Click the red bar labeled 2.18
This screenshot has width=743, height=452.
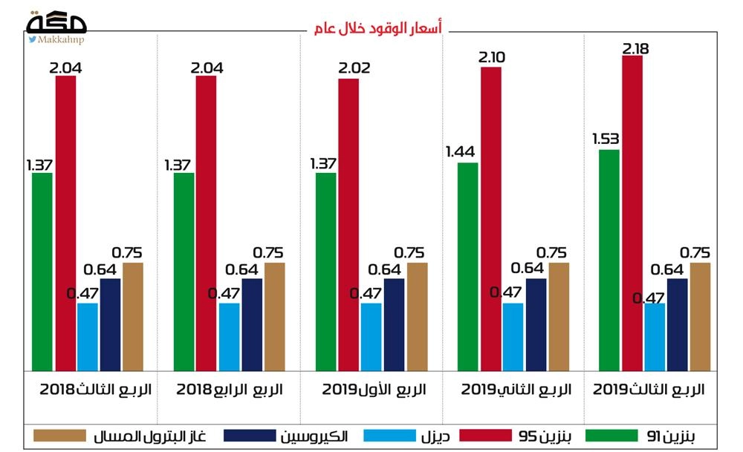point(632,212)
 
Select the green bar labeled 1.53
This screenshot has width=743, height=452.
point(609,259)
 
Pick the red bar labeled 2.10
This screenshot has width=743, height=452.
point(491,218)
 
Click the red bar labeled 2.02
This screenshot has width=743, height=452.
point(348,223)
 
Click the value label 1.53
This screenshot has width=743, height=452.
point(606,139)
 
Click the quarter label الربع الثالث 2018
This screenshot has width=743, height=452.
point(94,389)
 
